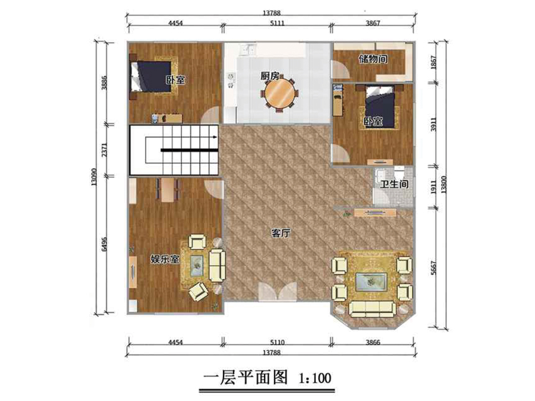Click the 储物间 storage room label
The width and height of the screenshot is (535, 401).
click(373, 59)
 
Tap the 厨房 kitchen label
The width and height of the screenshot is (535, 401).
click(270, 75)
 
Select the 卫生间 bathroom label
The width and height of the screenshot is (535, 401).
click(395, 184)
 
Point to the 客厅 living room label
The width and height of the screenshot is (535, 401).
click(281, 233)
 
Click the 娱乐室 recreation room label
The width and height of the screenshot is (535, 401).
click(165, 259)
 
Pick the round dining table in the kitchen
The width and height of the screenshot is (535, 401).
click(280, 94)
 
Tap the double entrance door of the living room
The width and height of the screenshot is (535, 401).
click(278, 291)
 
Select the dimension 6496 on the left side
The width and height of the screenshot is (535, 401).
click(105, 244)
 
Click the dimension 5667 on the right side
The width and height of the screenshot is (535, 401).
click(433, 268)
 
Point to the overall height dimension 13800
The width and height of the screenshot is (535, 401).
click(443, 185)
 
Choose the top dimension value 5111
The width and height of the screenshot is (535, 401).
click(277, 23)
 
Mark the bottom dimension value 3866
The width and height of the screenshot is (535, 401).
click(373, 342)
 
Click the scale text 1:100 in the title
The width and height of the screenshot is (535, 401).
click(315, 378)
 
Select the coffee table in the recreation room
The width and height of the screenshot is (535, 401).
click(197, 266)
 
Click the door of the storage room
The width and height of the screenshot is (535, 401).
click(341, 70)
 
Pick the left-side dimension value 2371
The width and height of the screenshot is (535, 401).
click(105, 150)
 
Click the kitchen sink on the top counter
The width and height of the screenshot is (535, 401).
click(248, 49)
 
